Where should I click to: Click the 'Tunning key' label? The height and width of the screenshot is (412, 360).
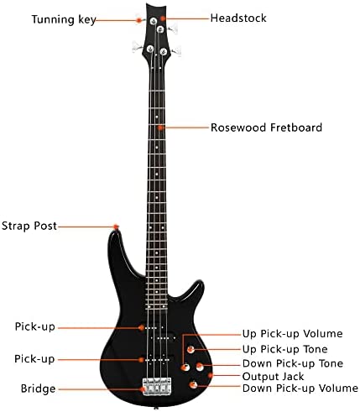tap(64, 19)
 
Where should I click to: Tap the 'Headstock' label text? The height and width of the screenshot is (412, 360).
tap(238, 18)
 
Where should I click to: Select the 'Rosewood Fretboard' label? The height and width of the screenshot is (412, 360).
tap(266, 128)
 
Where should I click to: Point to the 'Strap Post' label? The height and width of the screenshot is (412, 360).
tap(29, 226)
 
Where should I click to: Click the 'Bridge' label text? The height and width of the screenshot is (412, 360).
tap(38, 389)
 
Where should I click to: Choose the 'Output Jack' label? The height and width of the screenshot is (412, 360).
tap(273, 377)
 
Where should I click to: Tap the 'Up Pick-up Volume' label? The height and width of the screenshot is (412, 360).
tap(292, 334)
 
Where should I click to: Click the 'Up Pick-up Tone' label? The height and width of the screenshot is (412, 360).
tap(284, 349)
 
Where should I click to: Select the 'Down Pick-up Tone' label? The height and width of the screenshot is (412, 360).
tap(293, 363)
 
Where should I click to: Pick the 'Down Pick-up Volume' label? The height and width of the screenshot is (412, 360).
tap(300, 389)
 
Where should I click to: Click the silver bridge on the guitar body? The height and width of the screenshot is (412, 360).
tap(157, 387)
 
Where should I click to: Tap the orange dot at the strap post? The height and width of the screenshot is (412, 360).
tap(116, 227)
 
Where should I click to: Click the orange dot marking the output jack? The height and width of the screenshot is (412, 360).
tap(211, 375)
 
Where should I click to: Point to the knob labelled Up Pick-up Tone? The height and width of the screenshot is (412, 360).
tap(190, 349)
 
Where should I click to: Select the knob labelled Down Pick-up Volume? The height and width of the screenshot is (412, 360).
tap(193, 385)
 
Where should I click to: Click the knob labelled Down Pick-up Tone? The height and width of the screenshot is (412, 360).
tap(200, 367)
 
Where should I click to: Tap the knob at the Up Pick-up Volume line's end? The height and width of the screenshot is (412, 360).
tap(185, 368)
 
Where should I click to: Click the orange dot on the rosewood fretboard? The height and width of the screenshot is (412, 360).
tap(160, 128)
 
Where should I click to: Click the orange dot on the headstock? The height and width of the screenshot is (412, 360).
tap(163, 18)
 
